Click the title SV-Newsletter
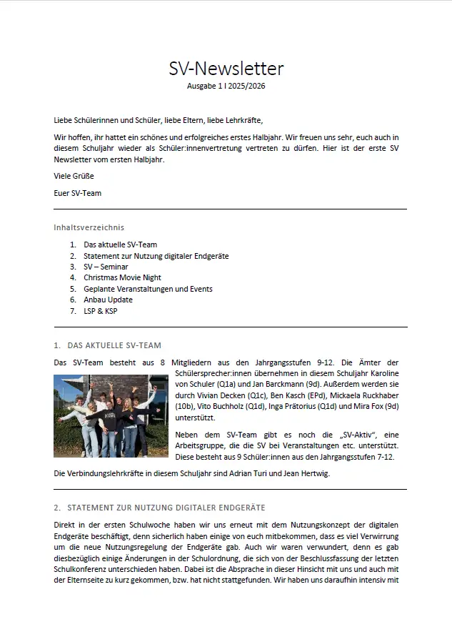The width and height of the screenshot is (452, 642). click(226, 69)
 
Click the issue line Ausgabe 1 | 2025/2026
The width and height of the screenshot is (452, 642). click(226, 86)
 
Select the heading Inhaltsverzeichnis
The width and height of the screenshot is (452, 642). click(89, 227)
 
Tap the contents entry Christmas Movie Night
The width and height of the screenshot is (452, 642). click(122, 277)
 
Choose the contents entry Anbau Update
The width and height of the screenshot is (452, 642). click(108, 300)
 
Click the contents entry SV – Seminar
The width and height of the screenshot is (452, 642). click(106, 267)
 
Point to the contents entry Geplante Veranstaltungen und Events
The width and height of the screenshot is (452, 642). click(148, 289)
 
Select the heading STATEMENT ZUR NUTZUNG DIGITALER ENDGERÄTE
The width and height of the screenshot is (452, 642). click(166, 508)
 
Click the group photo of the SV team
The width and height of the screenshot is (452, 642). click(111, 416)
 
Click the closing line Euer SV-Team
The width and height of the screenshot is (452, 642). click(77, 193)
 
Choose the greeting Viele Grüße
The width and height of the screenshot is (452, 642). click(74, 176)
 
